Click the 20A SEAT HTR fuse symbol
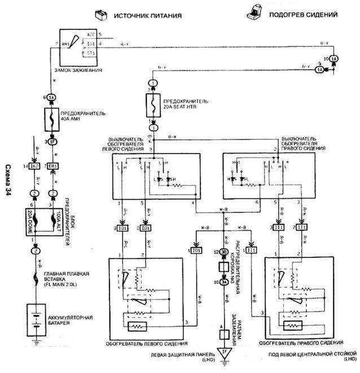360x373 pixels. tap(152, 105)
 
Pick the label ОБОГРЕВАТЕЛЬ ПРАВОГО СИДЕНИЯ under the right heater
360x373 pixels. tap(301, 343)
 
